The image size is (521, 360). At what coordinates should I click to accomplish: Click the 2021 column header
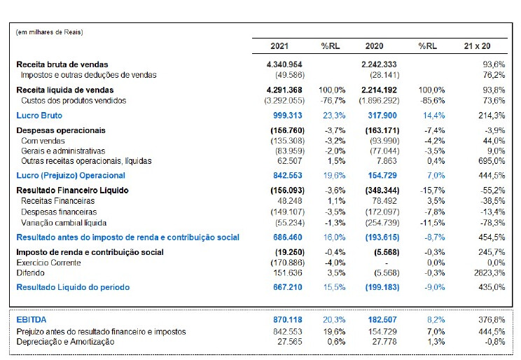click(x=279, y=46)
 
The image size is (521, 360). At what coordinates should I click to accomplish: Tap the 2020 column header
click(x=374, y=46)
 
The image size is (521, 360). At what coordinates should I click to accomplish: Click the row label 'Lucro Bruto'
click(x=39, y=115)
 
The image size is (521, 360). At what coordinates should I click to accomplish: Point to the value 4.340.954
click(x=284, y=64)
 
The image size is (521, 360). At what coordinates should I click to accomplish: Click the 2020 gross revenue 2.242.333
click(x=380, y=64)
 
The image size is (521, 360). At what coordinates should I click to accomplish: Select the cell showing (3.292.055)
click(x=284, y=100)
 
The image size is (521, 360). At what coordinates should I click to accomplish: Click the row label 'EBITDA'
click(x=32, y=319)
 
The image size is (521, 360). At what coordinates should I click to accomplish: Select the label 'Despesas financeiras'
click(x=55, y=211)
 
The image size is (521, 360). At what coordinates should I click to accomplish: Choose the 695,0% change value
click(x=491, y=160)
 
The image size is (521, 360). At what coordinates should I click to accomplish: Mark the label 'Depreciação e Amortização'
click(x=65, y=341)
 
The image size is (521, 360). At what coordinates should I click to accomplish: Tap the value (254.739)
click(x=382, y=221)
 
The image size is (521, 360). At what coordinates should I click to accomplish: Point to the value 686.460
click(x=287, y=237)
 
